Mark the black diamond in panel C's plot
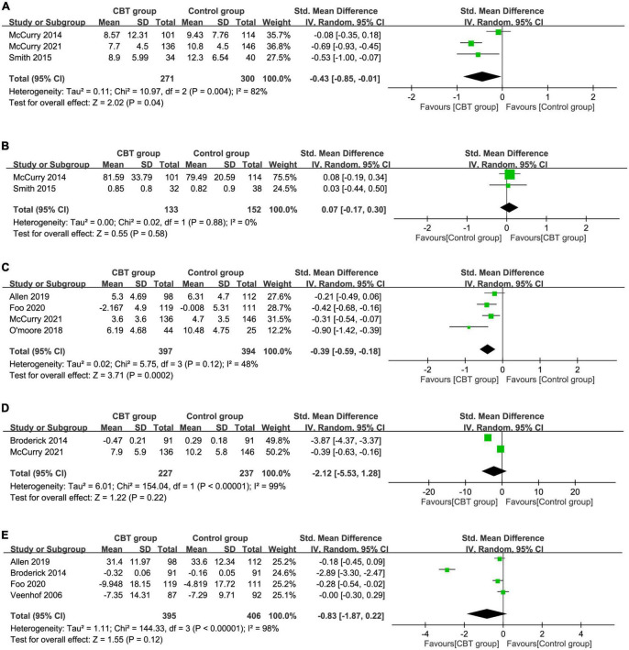coord(486,348)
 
